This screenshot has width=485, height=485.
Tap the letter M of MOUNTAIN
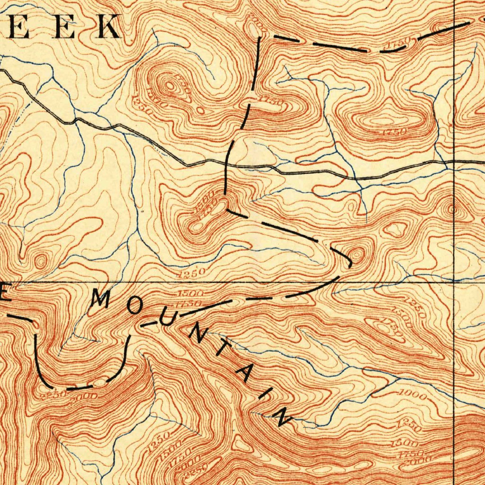coord(101,298)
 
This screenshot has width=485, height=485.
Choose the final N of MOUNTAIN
coord(284,417)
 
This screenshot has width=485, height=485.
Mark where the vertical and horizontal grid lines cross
coord(454,282)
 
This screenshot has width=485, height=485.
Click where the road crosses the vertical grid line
coord(454,162)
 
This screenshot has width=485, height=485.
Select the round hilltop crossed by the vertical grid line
coord(451,208)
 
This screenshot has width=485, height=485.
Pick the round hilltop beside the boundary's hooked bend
coord(357,255)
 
